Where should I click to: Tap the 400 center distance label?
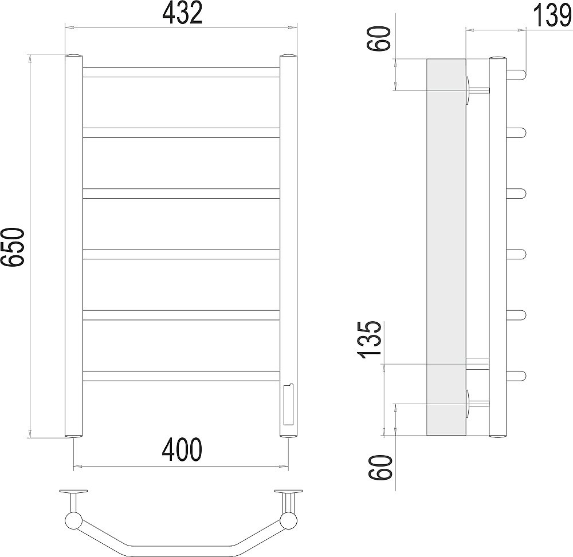point(182,449)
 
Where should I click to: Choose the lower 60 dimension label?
point(381,468)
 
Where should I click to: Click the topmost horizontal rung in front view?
point(181,72)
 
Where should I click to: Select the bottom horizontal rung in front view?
point(181,376)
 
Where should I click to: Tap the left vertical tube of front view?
point(73,246)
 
